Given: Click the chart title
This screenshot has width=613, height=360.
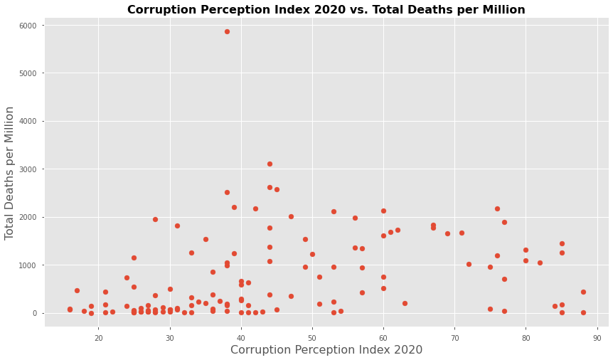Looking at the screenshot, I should click(x=326, y=10).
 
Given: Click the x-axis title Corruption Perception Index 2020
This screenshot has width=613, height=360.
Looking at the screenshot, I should click(x=326, y=350).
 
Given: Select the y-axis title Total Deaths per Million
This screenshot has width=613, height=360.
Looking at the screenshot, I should click(x=10, y=172).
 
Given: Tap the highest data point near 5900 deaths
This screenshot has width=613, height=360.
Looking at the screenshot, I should click(x=227, y=31).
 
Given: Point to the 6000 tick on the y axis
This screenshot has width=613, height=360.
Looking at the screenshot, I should click(x=31, y=25).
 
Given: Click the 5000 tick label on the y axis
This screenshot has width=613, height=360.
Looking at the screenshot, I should click(x=31, y=73).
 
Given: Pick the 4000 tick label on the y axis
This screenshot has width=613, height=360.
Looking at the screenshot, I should click(x=31, y=121).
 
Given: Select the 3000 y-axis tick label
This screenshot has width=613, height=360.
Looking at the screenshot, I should click(x=31, y=169).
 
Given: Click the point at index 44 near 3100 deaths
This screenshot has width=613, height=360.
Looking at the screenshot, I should click(x=270, y=164).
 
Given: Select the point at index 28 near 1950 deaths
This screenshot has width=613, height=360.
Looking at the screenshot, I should click(x=155, y=219).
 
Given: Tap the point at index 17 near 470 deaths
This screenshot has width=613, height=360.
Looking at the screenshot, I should click(x=77, y=290).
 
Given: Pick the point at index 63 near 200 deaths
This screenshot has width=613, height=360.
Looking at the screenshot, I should click(x=405, y=303).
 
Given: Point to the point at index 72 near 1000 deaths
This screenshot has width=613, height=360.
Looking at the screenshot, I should click(x=469, y=264).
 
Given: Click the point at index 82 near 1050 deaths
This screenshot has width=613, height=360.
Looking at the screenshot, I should click(x=540, y=263).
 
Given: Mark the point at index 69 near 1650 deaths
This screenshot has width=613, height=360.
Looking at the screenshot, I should click(x=447, y=233).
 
